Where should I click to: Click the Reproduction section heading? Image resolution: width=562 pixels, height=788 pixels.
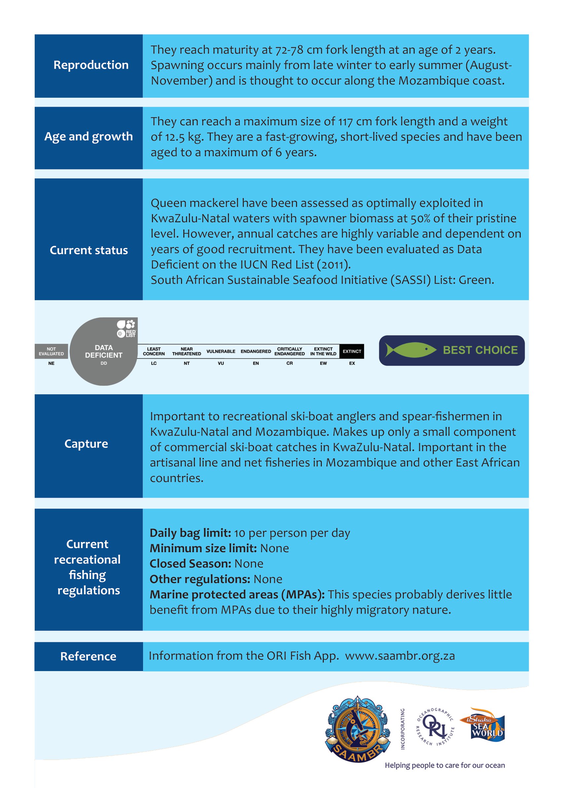91,65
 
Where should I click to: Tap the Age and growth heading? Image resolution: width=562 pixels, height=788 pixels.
89,137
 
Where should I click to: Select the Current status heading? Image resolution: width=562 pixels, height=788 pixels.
89,250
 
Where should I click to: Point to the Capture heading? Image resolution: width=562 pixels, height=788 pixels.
86,444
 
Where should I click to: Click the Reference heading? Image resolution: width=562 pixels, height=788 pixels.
88,656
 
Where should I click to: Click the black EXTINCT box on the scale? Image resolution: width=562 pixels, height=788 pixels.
352,351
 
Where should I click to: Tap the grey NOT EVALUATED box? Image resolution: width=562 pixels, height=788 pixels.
51,351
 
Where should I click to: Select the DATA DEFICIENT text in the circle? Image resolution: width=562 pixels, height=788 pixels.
103,351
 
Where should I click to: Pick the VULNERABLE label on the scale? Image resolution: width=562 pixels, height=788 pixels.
221,351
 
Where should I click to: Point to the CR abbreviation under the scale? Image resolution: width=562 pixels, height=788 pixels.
289,363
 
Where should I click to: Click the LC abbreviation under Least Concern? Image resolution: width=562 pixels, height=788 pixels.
154,363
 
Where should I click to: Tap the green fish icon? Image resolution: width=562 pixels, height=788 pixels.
410,350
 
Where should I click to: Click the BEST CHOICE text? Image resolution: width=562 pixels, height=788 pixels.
480,350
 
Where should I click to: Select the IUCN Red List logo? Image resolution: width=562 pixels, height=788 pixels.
127,328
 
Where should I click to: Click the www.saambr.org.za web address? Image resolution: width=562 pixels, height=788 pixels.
400,656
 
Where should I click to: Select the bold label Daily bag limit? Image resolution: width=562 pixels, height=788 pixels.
190,533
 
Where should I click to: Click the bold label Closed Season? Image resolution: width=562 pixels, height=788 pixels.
190,564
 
